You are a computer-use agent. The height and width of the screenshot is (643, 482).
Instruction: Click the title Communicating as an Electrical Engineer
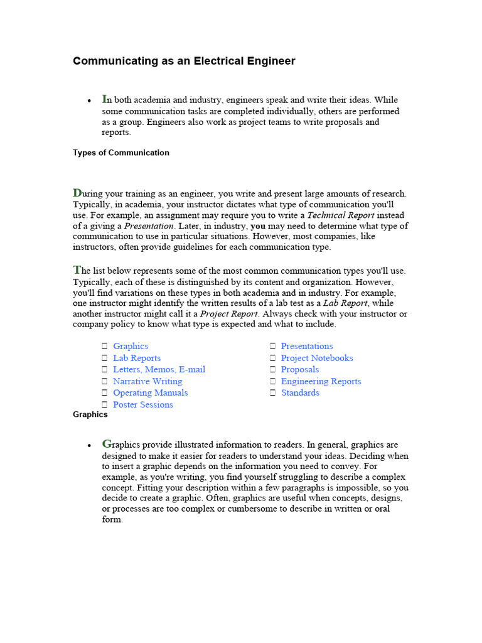click(184, 61)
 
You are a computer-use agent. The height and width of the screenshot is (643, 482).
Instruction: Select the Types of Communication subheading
click(121, 153)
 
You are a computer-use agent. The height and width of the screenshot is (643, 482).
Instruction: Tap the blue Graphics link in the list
click(131, 346)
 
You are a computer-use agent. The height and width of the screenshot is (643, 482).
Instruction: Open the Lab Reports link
click(137, 358)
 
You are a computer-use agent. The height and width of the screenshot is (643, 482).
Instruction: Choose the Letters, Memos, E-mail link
click(159, 369)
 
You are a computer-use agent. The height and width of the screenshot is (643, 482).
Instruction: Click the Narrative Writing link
click(147, 381)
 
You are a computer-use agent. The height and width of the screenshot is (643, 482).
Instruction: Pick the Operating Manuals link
click(150, 392)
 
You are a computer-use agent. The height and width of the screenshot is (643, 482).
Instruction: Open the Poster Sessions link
click(143, 404)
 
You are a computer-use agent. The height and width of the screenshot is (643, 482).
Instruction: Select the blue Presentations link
click(307, 346)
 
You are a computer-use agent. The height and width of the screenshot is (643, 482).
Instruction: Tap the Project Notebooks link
click(317, 358)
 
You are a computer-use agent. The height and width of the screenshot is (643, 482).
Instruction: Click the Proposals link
click(300, 369)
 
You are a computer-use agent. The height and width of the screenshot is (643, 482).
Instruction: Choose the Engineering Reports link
click(321, 381)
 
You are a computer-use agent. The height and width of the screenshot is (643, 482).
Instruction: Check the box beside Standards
click(273, 393)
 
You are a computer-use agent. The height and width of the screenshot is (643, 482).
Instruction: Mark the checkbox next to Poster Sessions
click(105, 405)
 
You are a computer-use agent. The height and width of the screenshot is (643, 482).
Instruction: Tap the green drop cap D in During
click(77, 193)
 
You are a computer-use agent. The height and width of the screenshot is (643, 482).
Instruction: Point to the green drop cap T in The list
click(77, 270)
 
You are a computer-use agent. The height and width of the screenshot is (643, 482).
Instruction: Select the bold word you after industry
click(257, 225)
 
